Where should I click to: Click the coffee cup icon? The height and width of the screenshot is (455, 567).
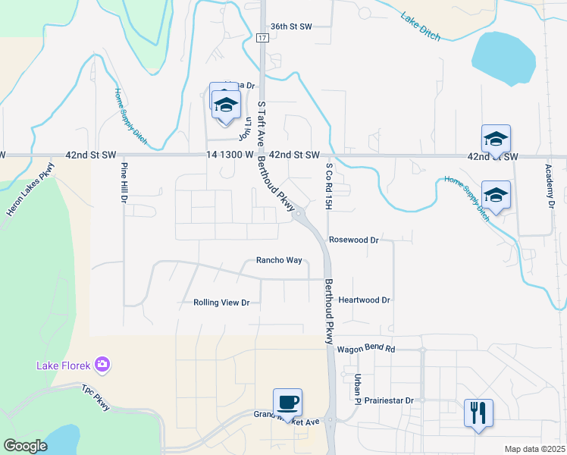(287, 402)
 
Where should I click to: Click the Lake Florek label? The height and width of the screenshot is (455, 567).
(64, 366)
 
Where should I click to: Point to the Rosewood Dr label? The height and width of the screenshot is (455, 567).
(353, 240)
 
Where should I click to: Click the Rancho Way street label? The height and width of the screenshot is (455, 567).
(279, 260)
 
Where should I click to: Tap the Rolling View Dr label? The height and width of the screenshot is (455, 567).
(221, 303)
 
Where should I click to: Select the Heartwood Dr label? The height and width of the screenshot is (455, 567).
(364, 300)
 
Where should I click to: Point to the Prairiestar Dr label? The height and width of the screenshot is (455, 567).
(389, 400)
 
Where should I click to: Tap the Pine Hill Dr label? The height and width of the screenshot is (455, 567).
(123, 182)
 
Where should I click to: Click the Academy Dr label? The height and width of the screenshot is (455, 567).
(550, 185)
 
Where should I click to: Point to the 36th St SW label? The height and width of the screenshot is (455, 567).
(292, 26)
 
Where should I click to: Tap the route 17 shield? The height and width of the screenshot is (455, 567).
(262, 37)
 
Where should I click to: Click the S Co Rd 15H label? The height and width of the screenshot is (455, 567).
(329, 186)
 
